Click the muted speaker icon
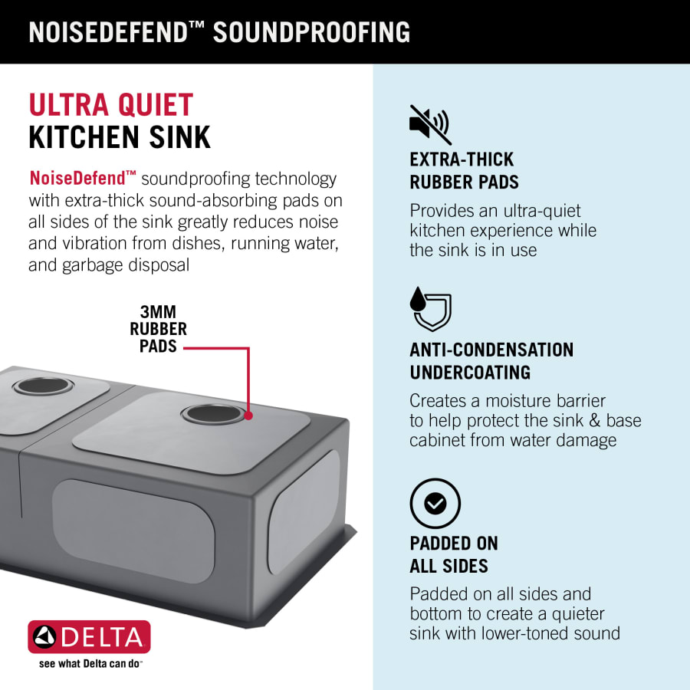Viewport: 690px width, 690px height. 430,124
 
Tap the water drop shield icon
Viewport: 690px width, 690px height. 430,309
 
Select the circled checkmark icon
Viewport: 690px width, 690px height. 435,503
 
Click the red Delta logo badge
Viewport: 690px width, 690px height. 89,637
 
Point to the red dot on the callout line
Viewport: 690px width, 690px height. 248,416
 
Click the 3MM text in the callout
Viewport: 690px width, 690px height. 158,312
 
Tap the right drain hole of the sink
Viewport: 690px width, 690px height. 213,414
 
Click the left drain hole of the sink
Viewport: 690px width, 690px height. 43,386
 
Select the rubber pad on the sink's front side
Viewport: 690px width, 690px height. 133,531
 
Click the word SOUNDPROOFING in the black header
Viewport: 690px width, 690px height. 311,32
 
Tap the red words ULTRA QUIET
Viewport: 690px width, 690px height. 111,105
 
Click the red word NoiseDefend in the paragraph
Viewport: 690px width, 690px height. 77,178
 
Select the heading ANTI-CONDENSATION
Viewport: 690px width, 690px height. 491,350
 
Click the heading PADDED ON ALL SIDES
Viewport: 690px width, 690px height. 454,554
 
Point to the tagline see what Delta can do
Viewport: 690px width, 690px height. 90,663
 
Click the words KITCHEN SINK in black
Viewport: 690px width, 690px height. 120,137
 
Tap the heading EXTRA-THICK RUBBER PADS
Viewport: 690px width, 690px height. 465,171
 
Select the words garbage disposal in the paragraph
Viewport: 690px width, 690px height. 126,265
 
